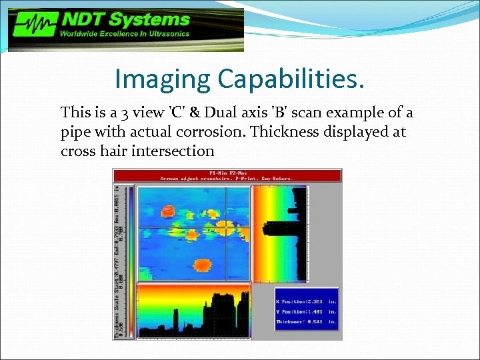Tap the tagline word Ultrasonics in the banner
[166, 33]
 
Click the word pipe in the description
[75, 132]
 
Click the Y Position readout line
[307, 311]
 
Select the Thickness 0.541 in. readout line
[307, 322]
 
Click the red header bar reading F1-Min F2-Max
[227, 175]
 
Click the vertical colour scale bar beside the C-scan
[130, 233]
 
